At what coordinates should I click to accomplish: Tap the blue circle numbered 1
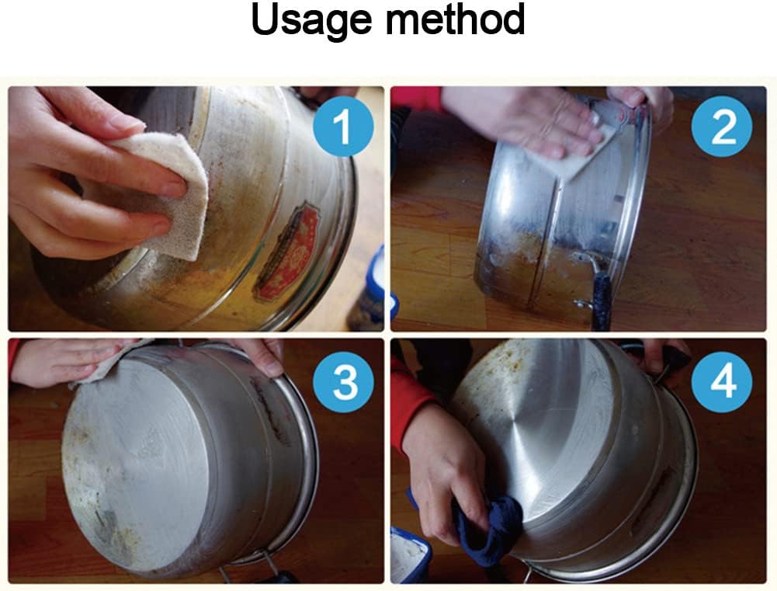343,127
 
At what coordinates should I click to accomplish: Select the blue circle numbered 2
722,127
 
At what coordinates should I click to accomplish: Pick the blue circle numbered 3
343,382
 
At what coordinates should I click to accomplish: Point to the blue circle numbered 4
722,382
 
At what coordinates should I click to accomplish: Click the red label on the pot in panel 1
287,253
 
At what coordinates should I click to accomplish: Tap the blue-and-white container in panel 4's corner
411,555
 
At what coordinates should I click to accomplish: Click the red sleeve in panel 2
415,98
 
